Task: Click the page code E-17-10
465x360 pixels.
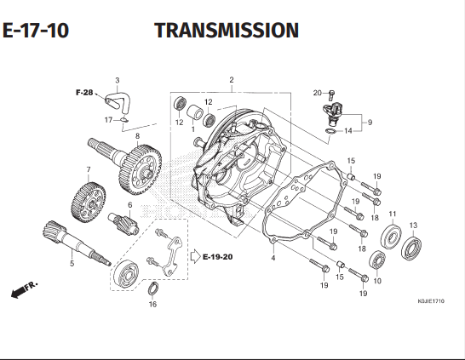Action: [35, 31]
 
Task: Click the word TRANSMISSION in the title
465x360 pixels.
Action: [227, 31]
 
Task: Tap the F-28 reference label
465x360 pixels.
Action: [83, 91]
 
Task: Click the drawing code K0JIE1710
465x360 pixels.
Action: [430, 301]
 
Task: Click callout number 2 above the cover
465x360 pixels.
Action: [231, 80]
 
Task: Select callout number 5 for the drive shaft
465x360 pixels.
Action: [72, 264]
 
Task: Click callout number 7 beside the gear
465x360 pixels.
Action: [88, 169]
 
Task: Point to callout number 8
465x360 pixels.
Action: [137, 135]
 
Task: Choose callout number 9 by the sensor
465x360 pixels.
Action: [369, 123]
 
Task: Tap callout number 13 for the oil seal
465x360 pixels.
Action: [413, 225]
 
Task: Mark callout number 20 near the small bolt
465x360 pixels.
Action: [316, 93]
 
